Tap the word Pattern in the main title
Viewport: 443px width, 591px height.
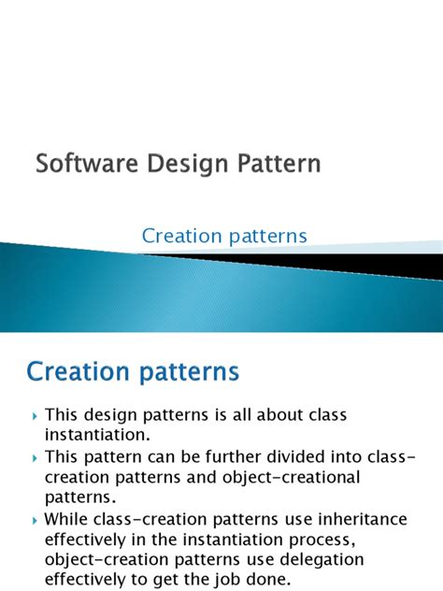click(x=276, y=165)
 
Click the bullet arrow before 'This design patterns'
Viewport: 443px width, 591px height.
click(x=36, y=415)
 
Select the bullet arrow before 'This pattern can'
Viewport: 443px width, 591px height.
click(x=36, y=458)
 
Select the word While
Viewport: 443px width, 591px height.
click(x=67, y=519)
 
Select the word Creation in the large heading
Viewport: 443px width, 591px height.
click(x=77, y=371)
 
